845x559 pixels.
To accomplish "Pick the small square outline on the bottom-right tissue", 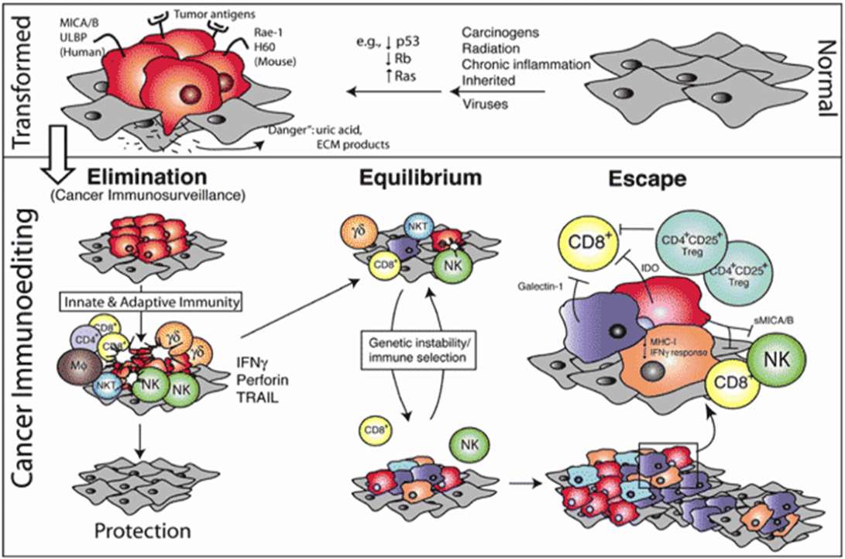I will pyautogui.click(x=668, y=463).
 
